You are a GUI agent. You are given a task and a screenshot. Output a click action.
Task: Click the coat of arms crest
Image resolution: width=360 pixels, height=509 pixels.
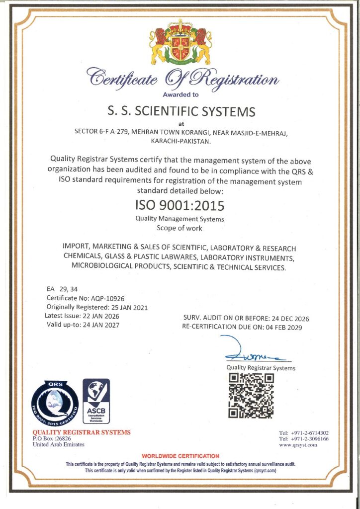tap(180, 42)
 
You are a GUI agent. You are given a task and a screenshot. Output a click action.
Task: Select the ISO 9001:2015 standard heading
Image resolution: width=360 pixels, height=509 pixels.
tap(180, 205)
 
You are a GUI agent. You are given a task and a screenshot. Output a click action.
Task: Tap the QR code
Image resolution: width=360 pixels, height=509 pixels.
tap(251, 396)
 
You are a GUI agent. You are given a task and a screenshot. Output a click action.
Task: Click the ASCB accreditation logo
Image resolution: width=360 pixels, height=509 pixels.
tap(96, 401)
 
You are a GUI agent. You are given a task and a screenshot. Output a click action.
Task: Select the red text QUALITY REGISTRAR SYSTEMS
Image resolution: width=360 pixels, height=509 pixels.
tap(82, 432)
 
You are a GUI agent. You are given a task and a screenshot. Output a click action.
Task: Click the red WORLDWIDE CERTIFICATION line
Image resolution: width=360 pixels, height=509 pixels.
tap(180, 456)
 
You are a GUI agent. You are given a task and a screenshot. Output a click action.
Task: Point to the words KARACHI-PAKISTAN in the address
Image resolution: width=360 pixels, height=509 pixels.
tap(180, 142)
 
